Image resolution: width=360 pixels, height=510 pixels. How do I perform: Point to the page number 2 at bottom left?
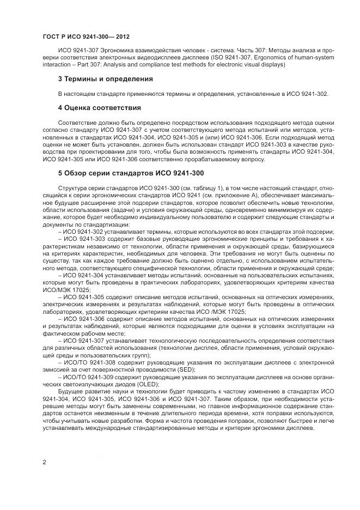[x=44, y=462]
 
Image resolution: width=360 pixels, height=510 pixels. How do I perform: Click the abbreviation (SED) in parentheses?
[x=190, y=369]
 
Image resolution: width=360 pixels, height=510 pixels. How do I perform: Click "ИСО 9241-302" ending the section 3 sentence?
[x=307, y=94]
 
